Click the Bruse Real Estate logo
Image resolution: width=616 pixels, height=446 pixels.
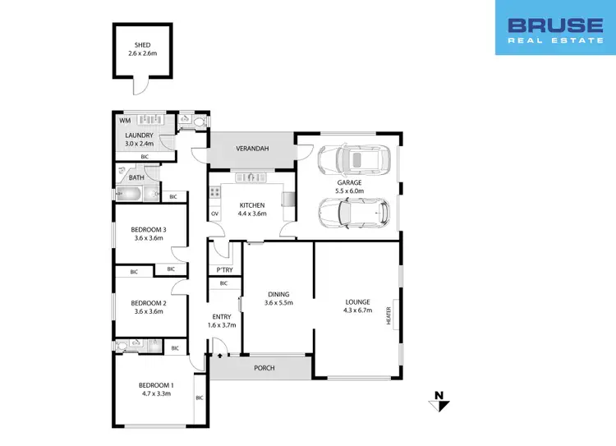554,28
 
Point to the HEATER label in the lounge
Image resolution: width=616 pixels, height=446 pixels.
390,315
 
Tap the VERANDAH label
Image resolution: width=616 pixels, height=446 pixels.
251,149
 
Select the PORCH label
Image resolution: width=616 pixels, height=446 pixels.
264,368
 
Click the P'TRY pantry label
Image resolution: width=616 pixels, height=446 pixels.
223,270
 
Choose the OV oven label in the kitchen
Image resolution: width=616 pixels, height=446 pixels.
214,214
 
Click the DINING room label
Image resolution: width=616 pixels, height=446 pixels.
278,293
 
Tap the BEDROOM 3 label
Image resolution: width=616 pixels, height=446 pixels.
149,229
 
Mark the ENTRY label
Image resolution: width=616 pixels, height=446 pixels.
222,316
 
